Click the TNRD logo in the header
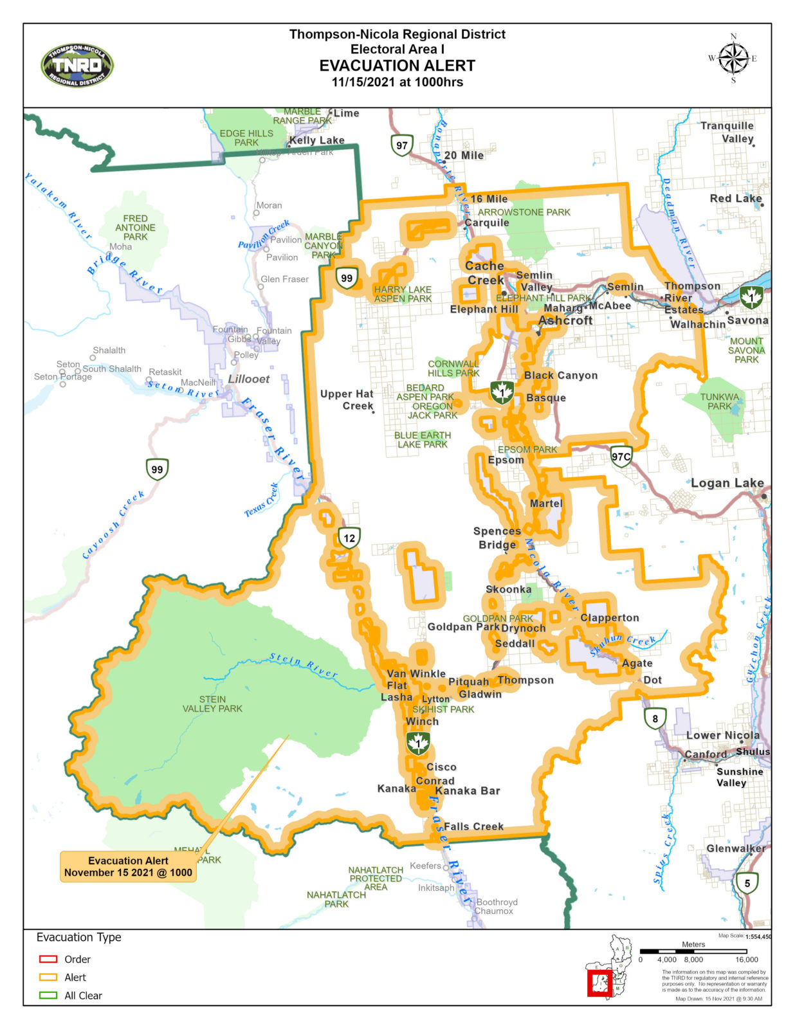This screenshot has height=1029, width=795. point(77,66)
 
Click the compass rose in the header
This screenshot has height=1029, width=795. point(733,59)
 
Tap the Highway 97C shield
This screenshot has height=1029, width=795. point(621,457)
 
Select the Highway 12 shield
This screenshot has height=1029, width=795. point(349,538)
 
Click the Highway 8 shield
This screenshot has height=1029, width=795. point(655,718)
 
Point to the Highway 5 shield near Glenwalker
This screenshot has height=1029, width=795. point(747,883)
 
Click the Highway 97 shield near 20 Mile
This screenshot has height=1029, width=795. point(402,145)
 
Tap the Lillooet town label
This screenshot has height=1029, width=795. point(249,379)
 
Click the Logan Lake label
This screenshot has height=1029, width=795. point(727,483)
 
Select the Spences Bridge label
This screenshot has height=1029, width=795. point(497,538)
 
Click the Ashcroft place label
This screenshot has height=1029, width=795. point(565,320)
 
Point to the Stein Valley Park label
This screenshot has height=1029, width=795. point(212,704)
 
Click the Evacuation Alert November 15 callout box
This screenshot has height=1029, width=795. point(128,866)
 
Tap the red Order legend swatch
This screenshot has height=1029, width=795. point(48,959)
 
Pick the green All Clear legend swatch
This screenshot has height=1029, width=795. point(48,995)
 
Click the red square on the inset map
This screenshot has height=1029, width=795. point(599,983)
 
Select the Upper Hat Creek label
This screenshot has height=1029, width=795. point(347,399)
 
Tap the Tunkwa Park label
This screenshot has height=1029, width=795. point(719,401)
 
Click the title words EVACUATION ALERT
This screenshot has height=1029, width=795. point(397,66)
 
